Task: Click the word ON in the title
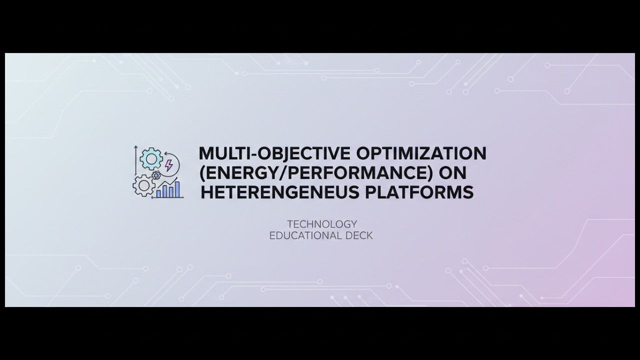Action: click(452, 173)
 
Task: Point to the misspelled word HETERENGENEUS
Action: click(279, 192)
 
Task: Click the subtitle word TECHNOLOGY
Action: click(322, 224)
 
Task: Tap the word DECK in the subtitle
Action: click(359, 235)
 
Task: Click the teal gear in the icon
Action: click(151, 159)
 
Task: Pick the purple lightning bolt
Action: click(168, 164)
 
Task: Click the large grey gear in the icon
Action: click(144, 185)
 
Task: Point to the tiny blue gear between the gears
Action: click(156, 175)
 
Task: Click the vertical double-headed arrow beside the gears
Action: click(136, 159)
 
